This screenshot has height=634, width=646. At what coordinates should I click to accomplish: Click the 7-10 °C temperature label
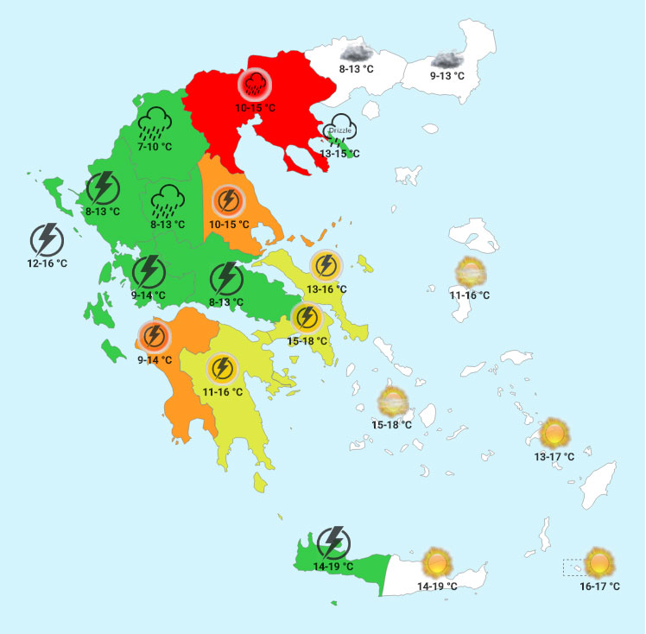tap(155, 147)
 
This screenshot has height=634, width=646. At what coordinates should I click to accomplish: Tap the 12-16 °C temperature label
tap(47, 263)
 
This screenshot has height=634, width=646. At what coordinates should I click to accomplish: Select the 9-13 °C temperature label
tap(447, 76)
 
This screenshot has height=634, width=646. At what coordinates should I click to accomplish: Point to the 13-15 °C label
tap(339, 154)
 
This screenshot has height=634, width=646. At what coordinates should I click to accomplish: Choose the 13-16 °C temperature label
tap(326, 288)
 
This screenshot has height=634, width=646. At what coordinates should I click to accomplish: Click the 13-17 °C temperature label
tap(554, 457)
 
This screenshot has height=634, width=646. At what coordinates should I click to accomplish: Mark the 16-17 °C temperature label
tap(599, 586)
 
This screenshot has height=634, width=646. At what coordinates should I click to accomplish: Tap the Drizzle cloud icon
tap(340, 129)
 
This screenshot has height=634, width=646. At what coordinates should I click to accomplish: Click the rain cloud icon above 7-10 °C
tap(155, 124)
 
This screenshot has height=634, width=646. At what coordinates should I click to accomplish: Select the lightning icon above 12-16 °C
tap(46, 239)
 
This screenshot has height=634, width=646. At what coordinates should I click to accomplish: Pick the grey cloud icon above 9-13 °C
tap(447, 59)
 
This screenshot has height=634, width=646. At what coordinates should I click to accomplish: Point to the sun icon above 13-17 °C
tap(553, 432)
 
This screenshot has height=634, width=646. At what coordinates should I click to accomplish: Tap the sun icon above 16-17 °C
tap(599, 562)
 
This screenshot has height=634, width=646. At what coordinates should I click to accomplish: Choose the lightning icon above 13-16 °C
tap(326, 264)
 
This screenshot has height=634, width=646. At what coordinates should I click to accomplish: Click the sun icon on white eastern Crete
tap(437, 562)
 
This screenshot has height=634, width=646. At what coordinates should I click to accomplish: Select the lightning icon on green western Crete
tap(333, 542)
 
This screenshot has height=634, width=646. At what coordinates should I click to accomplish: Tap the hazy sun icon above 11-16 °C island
tap(471, 272)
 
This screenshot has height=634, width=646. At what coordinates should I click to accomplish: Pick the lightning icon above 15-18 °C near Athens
tap(307, 318)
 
